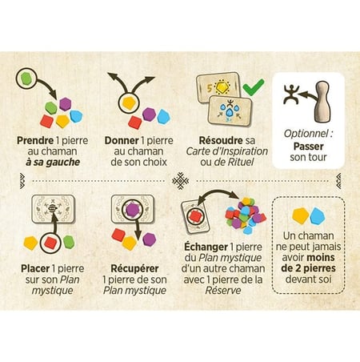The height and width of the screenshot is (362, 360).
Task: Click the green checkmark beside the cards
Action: (x=254, y=87)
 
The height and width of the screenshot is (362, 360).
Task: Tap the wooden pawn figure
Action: (x=322, y=102)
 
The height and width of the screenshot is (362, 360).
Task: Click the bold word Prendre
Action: (x=35, y=140)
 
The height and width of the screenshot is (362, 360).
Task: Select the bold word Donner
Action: (x=122, y=140)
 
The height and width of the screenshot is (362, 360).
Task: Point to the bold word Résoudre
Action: (x=221, y=140)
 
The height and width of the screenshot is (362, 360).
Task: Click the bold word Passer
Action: (x=308, y=147)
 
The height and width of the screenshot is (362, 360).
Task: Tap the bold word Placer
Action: (x=35, y=268)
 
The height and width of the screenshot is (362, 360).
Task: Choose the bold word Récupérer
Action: (x=134, y=268)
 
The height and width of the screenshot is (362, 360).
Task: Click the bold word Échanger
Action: (x=206, y=247)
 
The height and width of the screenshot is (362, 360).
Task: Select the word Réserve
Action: (x=223, y=290)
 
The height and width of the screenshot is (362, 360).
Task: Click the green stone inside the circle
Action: (x=26, y=78)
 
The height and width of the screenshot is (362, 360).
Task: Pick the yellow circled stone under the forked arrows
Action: (x=129, y=103)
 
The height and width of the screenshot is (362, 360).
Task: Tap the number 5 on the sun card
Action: (x=210, y=88)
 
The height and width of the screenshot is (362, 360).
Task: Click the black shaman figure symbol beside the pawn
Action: (x=291, y=94)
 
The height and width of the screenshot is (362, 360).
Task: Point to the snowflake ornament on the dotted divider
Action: (x=180, y=181)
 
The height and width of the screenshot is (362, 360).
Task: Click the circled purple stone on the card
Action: (x=133, y=209)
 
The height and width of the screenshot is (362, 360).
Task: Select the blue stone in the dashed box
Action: (x=318, y=215)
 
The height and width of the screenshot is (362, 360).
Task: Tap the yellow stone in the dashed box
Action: (x=301, y=215)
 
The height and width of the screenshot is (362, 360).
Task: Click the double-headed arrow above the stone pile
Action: (x=218, y=193)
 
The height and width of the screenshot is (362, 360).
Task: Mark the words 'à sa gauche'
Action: (x=53, y=162)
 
